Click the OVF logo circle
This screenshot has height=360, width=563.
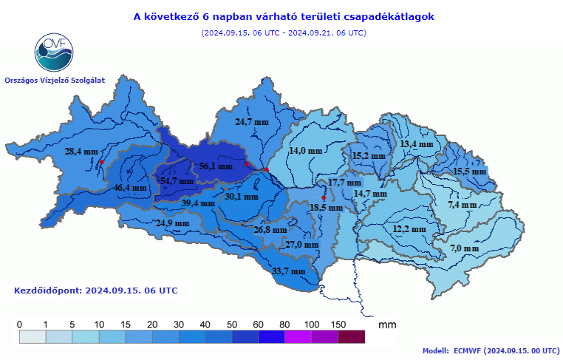tap(54, 51)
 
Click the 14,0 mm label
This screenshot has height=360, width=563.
tap(305, 151)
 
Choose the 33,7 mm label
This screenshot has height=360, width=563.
tap(289, 271)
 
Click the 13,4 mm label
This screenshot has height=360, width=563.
tap(416, 144)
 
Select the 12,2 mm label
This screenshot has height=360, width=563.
tap(409, 230)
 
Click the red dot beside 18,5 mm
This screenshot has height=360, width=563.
tap(324, 197)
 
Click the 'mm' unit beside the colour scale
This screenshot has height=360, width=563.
tap(386, 325)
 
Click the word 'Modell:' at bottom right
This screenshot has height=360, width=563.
tap(436, 351)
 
